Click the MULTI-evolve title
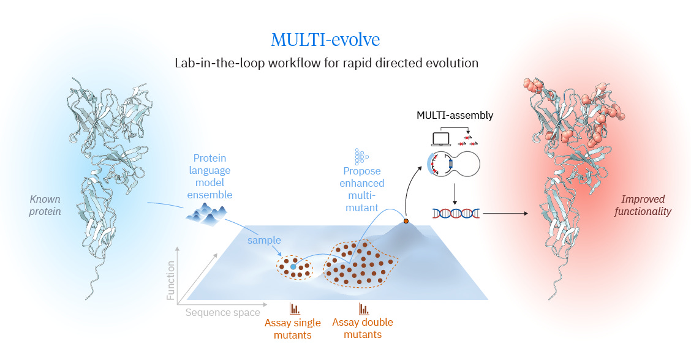[325, 40]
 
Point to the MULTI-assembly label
[455, 115]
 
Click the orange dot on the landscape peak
[406, 220]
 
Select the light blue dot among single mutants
[293, 267]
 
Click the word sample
[263, 240]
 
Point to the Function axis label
[171, 280]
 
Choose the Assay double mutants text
[363, 328]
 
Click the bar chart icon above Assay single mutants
[295, 309]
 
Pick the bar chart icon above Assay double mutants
[364, 309]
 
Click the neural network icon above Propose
[360, 156]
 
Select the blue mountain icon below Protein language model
[206, 213]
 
